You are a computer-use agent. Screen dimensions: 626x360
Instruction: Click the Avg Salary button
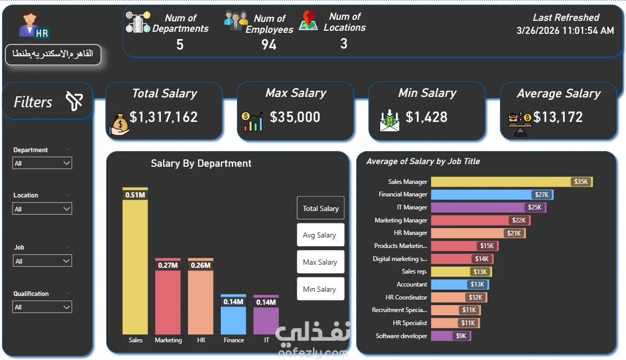(320, 235)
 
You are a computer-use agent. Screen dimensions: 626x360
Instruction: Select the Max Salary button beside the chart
(320, 262)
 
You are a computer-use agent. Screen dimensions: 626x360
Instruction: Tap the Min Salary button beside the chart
(320, 289)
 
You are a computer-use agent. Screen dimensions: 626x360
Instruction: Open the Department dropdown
(42, 163)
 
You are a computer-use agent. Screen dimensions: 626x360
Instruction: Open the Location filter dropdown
(42, 209)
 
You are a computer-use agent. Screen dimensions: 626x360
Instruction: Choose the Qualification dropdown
(42, 307)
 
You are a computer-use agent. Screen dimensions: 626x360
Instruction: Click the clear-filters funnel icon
(74, 101)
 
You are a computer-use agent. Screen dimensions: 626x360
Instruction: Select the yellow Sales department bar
(135, 261)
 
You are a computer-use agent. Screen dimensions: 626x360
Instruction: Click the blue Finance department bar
(233, 314)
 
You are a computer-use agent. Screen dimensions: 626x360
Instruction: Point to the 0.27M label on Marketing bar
(168, 265)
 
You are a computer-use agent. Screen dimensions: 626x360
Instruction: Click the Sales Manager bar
(512, 182)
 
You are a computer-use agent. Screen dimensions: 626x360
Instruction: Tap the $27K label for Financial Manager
(542, 194)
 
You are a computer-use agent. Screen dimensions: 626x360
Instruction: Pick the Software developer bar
(452, 336)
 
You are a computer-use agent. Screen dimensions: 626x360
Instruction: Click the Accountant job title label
(412, 284)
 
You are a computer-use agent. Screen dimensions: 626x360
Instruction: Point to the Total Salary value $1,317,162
(164, 117)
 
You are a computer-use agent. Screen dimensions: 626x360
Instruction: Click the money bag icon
(119, 125)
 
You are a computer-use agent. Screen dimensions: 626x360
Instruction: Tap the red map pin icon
(308, 18)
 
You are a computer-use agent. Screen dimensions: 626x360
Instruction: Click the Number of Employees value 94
(269, 44)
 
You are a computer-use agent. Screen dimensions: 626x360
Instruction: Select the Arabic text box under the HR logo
(53, 55)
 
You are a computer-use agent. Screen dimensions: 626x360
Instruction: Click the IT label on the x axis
(267, 340)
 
